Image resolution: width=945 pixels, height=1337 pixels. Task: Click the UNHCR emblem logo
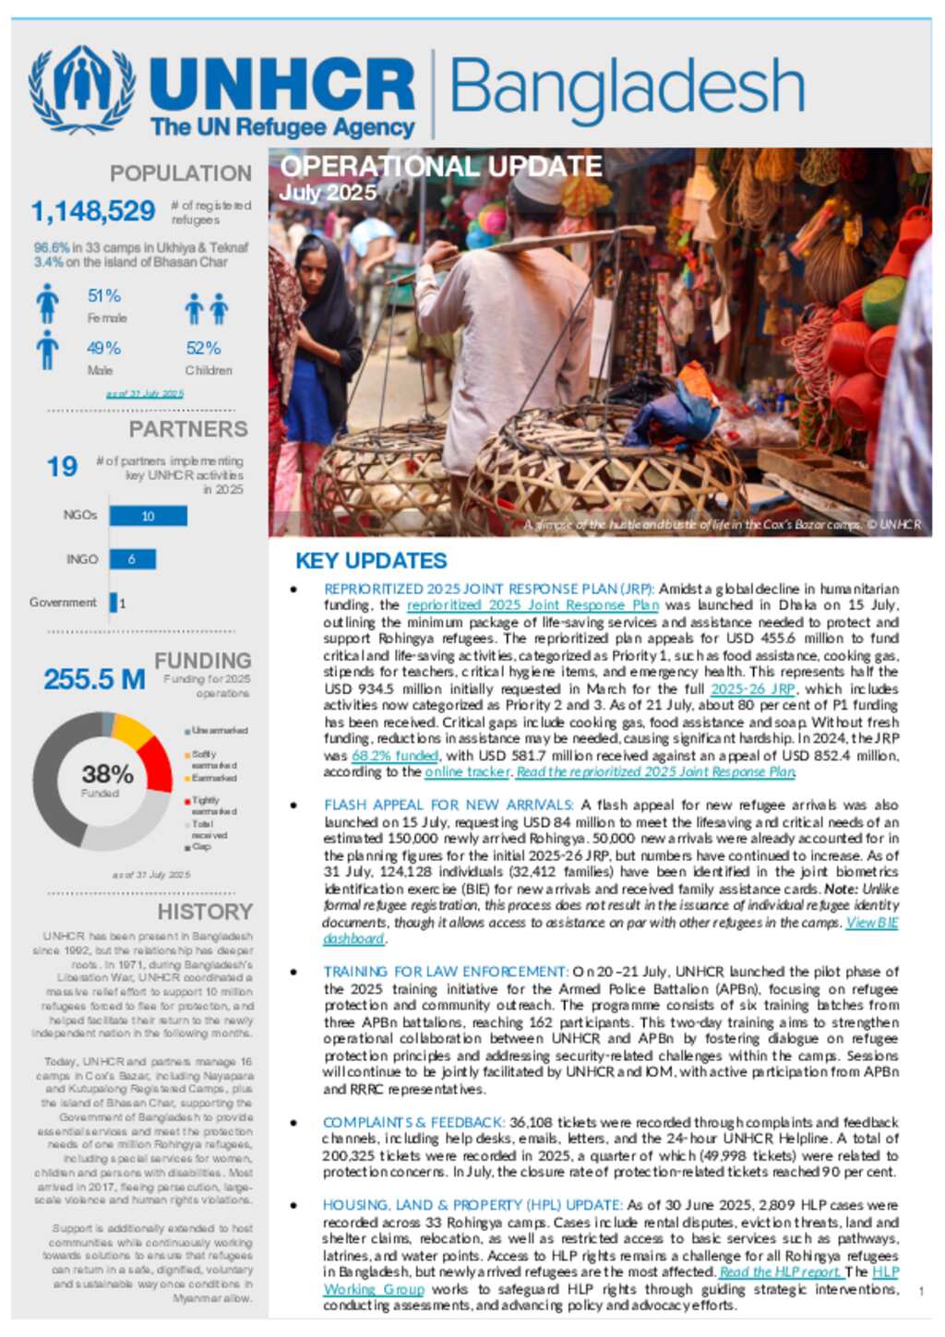[82, 90]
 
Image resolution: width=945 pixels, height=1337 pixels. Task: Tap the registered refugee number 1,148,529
[93, 211]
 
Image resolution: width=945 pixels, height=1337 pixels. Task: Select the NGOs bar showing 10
[148, 516]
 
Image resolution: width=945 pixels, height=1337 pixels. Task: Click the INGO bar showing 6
[132, 559]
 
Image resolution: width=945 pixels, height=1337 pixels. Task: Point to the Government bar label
[63, 603]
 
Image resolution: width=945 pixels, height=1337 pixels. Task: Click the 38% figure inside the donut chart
[107, 774]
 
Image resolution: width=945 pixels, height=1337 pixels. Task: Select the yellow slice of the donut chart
[132, 732]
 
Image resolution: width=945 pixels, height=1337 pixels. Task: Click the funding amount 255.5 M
[94, 679]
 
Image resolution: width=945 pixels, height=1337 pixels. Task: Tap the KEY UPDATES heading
[371, 561]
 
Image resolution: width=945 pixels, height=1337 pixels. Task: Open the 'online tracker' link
[467, 771]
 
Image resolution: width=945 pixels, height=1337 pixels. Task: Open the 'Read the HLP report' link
[781, 1271]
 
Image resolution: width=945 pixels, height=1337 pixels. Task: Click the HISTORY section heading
[205, 912]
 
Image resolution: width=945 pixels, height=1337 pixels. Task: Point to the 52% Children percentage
[203, 348]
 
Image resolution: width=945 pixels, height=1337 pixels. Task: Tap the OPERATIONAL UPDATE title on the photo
[441, 167]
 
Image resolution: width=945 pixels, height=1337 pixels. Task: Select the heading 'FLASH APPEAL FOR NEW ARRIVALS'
[449, 806]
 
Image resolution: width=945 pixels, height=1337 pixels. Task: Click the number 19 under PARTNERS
[62, 467]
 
